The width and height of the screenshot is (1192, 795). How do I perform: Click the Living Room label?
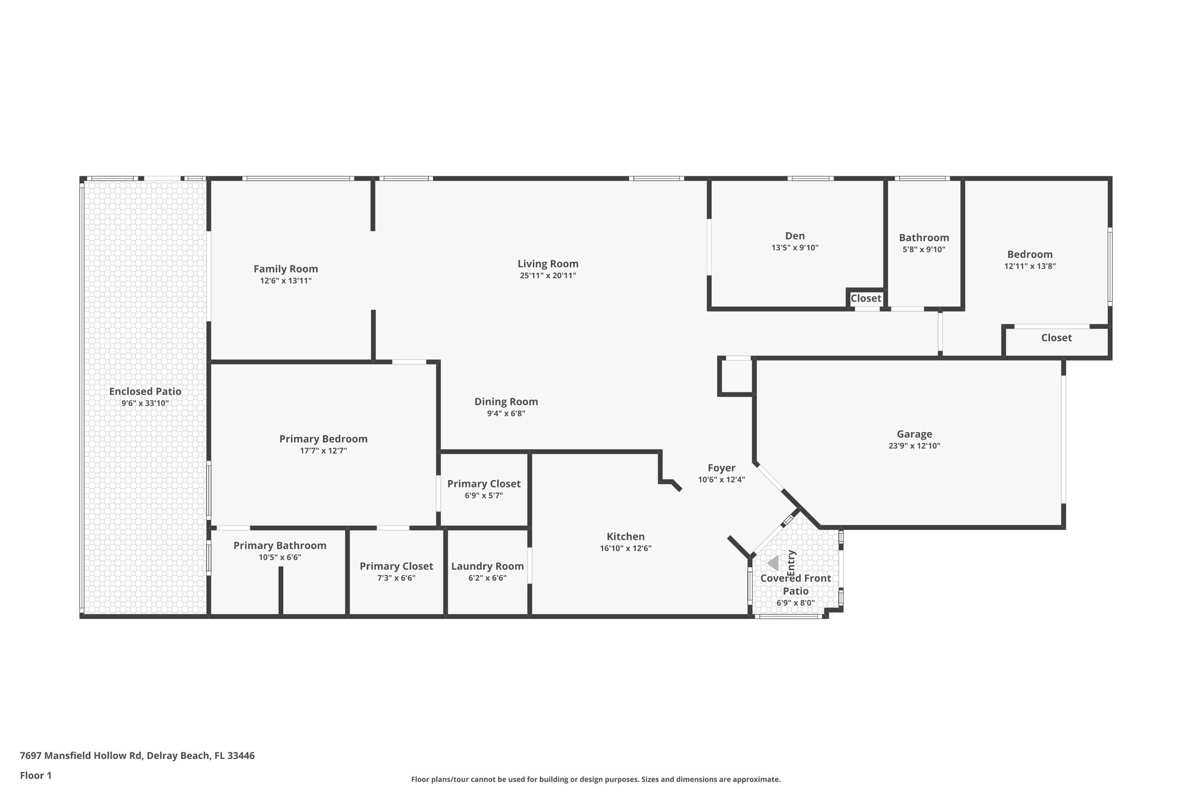pos(548,264)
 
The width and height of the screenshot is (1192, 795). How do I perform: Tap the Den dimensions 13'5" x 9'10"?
pos(794,248)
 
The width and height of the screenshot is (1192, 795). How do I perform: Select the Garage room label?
pos(914,434)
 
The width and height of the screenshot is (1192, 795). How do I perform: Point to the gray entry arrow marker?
pos(773,563)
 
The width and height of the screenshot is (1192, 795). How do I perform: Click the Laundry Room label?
pos(487,566)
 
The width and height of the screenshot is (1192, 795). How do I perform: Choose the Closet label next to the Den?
pos(865,298)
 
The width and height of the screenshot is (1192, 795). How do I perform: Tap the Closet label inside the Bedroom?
pos(1056,338)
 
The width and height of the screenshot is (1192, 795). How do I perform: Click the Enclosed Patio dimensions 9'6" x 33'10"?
pos(145,403)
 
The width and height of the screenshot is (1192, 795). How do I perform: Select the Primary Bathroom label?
pos(279,546)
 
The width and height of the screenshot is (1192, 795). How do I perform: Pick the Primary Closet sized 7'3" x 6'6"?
pos(396,566)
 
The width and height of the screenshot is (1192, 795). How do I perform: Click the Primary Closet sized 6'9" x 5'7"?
pos(484,484)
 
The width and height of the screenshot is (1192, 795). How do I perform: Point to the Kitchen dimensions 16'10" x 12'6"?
pos(625,548)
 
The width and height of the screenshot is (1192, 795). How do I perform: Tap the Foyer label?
pos(721,468)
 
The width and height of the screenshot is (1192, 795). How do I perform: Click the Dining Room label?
pos(506,401)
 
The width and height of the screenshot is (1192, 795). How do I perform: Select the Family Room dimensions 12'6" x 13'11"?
pos(285,281)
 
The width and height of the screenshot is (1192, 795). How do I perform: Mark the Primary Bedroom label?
pos(323,439)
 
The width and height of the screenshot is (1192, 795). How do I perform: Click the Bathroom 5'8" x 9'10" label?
pos(924,238)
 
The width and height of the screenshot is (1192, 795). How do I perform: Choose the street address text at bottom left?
pos(137,755)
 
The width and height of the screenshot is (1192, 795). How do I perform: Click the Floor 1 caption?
pos(36,775)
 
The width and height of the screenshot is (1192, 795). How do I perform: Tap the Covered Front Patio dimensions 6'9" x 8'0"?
pos(795,603)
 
